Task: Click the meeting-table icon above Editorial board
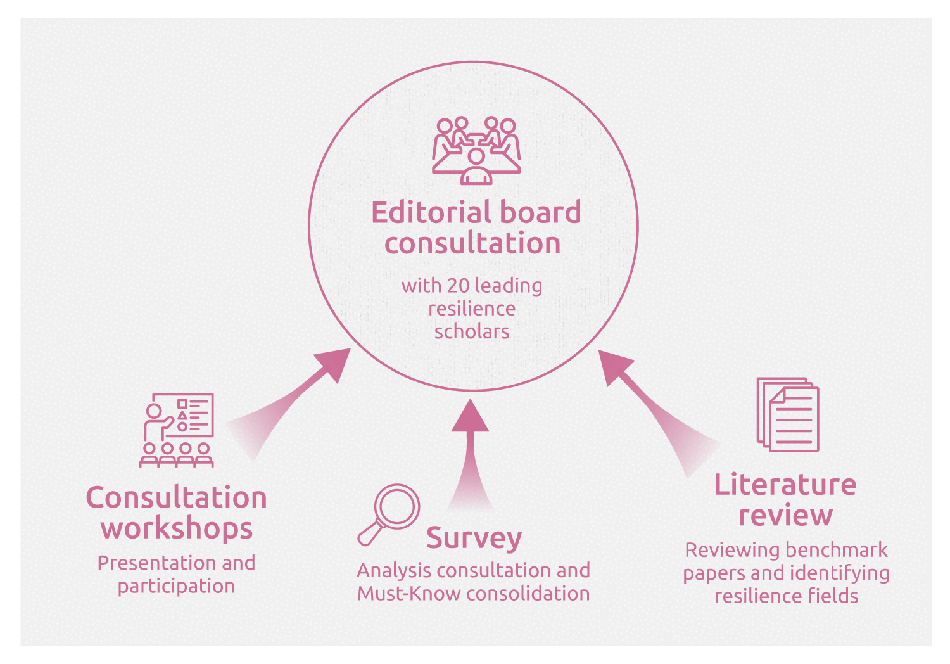pos(476,150)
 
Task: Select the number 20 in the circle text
pos(458,286)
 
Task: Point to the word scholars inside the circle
pos(472,331)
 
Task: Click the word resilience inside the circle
pos(472,309)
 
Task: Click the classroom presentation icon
pos(177,430)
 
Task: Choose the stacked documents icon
pos(788,414)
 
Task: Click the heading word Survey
pos(474,538)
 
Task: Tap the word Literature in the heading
pos(785,485)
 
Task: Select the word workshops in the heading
pos(177,528)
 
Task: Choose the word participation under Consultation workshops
pos(176,587)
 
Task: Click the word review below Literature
pos(785,515)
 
